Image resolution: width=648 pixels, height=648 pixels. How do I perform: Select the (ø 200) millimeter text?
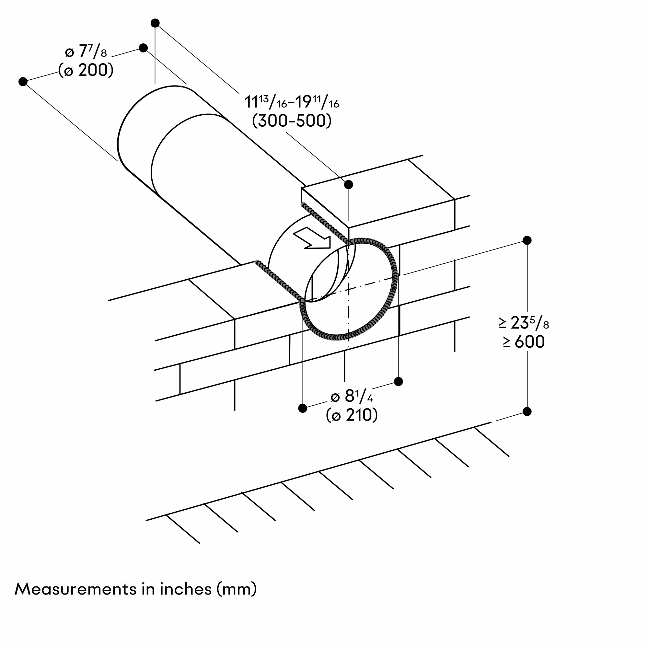86,70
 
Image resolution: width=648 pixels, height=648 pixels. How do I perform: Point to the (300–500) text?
292,121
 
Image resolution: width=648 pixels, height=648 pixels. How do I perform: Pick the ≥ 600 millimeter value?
524,342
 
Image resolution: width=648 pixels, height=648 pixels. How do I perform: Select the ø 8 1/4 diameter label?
352,397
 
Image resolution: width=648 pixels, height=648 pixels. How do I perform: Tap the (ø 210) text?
352,415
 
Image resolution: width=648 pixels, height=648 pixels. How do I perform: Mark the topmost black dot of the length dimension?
155,23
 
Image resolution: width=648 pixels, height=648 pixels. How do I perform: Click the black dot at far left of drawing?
23,82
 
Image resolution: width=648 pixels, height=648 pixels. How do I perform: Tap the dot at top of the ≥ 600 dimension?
527,240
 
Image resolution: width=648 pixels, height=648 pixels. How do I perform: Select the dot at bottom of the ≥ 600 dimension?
527,411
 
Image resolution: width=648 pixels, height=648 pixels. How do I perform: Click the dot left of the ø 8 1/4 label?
303,408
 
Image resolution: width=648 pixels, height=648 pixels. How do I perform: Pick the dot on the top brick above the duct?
349,184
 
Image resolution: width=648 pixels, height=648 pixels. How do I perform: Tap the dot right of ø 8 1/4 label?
399,381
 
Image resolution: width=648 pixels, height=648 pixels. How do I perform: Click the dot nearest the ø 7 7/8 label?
143,48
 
